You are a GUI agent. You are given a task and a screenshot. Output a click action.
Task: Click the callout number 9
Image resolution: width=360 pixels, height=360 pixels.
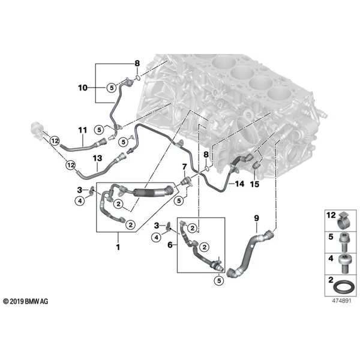[256, 218]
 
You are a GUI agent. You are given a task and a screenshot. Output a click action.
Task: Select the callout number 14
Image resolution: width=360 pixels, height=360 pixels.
[239, 184]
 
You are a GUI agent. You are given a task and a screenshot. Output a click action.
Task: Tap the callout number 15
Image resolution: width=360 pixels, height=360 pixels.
[254, 184]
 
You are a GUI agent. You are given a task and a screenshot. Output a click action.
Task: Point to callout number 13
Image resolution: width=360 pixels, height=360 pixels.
[97, 158]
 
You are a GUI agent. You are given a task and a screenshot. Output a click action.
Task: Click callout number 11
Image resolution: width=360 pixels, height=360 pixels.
[83, 130]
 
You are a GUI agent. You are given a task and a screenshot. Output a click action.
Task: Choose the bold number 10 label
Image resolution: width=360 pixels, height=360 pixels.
[83, 88]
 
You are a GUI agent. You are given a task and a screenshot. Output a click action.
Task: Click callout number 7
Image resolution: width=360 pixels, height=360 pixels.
[184, 167]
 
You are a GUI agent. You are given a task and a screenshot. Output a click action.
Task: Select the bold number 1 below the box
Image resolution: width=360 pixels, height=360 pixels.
[118, 247]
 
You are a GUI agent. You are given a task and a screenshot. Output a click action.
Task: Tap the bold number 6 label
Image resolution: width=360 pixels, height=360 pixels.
[170, 245]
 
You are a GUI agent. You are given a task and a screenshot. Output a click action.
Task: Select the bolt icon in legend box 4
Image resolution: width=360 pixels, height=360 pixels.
[344, 264]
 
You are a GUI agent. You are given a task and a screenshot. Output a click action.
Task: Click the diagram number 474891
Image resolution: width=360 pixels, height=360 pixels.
[341, 301]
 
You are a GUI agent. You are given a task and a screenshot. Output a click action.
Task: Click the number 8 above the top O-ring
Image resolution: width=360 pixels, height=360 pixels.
[137, 63]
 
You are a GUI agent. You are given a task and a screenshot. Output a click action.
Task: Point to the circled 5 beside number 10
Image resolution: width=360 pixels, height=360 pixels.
[112, 88]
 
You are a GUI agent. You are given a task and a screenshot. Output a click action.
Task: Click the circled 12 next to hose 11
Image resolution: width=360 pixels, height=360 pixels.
[55, 140]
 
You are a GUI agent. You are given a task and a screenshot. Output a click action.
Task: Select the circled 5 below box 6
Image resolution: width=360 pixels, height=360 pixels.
[219, 280]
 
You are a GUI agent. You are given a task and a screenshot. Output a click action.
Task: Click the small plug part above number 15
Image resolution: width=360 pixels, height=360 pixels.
[256, 165]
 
